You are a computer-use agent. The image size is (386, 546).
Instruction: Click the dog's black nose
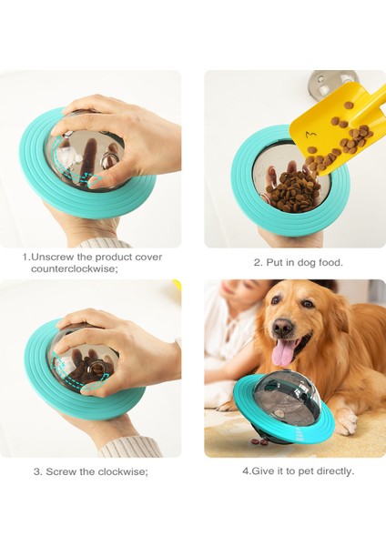[x=282, y=327]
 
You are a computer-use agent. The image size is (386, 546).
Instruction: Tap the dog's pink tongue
[x=284, y=353]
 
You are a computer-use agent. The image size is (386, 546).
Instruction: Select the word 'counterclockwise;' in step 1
[x=75, y=268]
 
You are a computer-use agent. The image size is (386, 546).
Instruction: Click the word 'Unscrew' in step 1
[x=53, y=258]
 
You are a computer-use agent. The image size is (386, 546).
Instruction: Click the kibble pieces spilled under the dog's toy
[x=259, y=442]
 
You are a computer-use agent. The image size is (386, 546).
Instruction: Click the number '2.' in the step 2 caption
[x=258, y=263]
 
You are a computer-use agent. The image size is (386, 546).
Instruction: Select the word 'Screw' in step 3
[x=61, y=471]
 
